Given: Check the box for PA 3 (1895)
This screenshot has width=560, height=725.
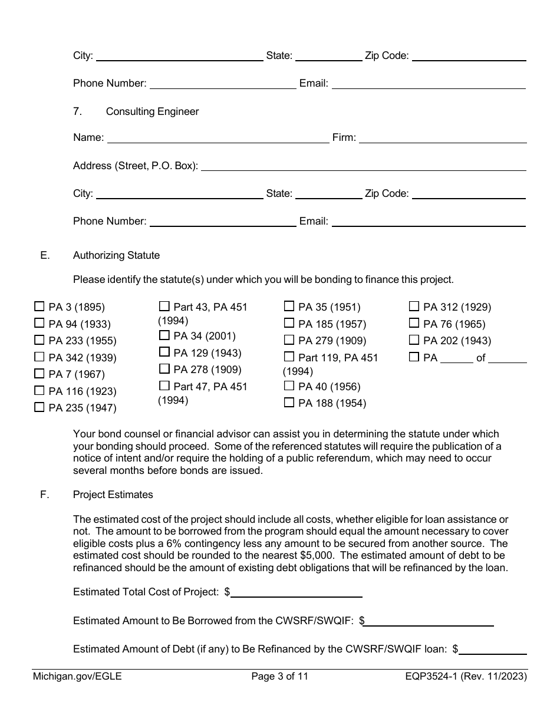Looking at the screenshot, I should pyautogui.click(x=39, y=307).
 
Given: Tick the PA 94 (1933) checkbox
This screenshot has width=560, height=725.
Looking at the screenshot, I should pyautogui.click(x=39, y=323).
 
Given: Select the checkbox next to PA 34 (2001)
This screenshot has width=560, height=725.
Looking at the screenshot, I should pyautogui.click(x=164, y=335).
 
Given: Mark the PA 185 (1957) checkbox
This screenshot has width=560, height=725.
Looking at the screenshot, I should pyautogui.click(x=289, y=323).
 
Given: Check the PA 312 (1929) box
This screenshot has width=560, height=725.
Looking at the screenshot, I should pyautogui.click(x=414, y=307).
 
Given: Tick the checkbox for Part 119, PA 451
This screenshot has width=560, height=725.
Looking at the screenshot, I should pyautogui.click(x=289, y=357).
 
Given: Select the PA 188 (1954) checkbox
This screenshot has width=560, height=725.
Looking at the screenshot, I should pyautogui.click(x=289, y=403).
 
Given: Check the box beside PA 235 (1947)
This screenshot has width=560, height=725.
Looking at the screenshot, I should pyautogui.click(x=39, y=407).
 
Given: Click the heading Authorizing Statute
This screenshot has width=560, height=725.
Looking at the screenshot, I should pyautogui.click(x=116, y=255).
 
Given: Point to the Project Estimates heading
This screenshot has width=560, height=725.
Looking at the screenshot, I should pyautogui.click(x=113, y=495).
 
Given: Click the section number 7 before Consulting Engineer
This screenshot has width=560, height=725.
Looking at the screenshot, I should pyautogui.click(x=77, y=111).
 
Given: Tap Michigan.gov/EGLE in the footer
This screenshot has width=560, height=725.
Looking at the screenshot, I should pyautogui.click(x=77, y=677).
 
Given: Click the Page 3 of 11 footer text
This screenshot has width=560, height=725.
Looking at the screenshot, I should pyautogui.click(x=279, y=677).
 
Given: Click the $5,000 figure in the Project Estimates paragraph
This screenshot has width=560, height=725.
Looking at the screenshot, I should pyautogui.click(x=318, y=555).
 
